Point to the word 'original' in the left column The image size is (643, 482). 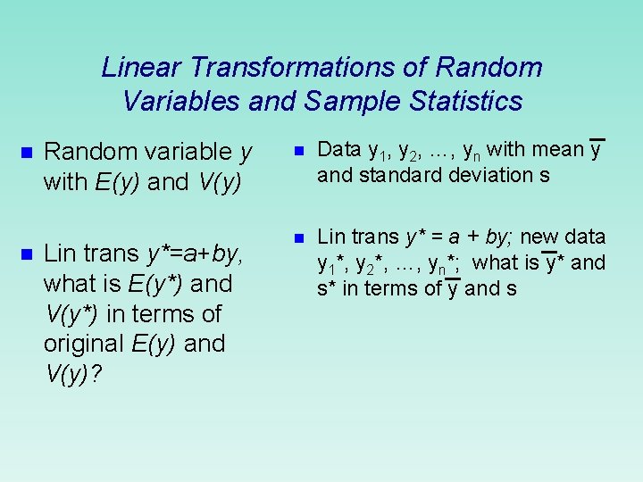click(x=85, y=344)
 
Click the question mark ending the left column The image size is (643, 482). click(x=96, y=374)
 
